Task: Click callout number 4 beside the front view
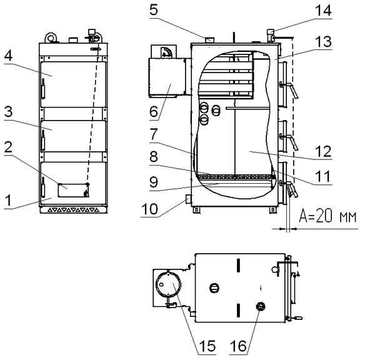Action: pos(8,56)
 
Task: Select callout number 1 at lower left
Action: pos(8,200)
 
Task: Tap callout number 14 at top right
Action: pos(323,10)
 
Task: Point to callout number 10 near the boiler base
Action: pos(149,209)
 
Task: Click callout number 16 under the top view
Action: pos(238,346)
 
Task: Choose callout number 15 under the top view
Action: pos(207,346)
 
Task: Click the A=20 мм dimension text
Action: pos(327,216)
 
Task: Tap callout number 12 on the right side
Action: pos(323,151)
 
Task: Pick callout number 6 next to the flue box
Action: pos(154,111)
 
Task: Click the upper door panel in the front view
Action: pos(73,84)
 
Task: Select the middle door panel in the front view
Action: pos(73,136)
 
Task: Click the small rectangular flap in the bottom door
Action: pos(73,191)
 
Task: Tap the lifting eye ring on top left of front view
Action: pos(51,37)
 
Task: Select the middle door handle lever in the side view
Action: pos(290,141)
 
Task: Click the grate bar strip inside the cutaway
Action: pos(236,177)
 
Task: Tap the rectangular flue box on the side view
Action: pos(167,77)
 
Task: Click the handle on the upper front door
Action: pos(43,89)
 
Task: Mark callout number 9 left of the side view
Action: pos(154,182)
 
